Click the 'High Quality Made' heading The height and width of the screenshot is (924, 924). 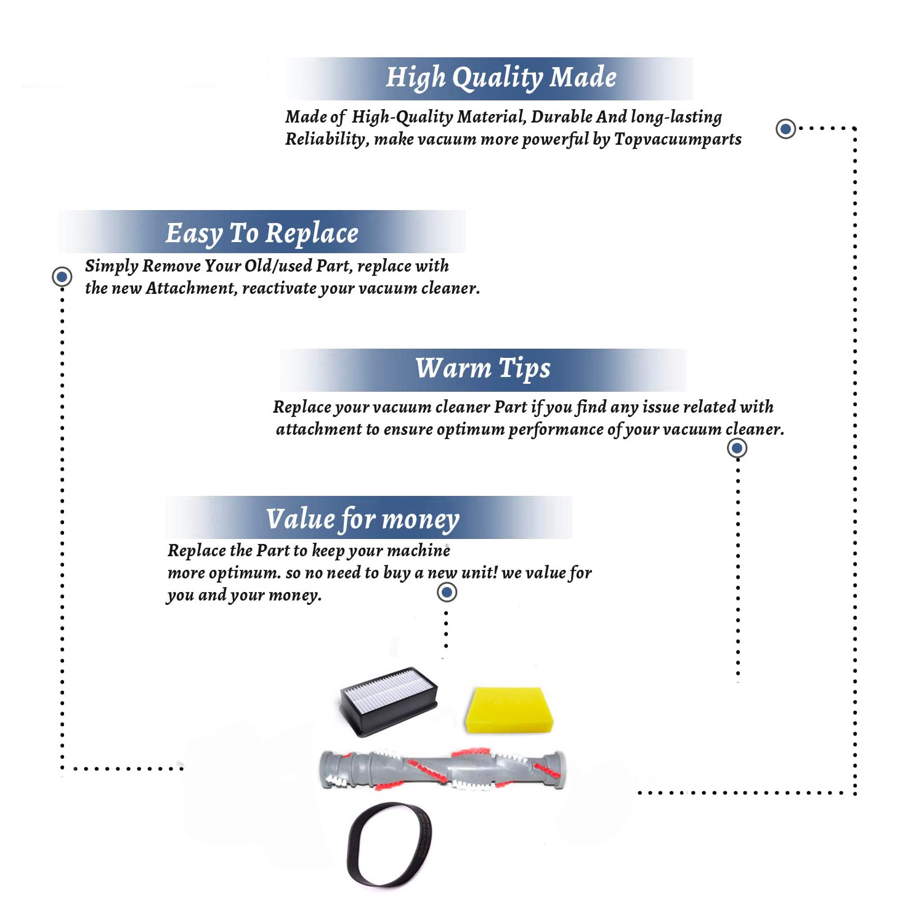tap(501, 78)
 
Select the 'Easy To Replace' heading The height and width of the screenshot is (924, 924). tap(262, 233)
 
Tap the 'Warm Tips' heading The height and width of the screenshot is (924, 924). tap(483, 368)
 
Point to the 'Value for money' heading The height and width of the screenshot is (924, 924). tap(363, 519)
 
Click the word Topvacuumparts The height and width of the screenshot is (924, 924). tap(678, 140)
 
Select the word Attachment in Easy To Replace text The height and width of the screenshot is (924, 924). tap(191, 288)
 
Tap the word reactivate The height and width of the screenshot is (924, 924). tap(279, 288)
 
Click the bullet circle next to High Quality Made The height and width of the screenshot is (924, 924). tap(785, 129)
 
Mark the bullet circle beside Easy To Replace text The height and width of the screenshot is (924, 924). tap(62, 277)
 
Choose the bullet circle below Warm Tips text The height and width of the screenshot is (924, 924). tap(737, 448)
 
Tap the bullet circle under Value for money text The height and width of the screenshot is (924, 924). tap(447, 593)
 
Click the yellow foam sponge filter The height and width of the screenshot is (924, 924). tap(509, 710)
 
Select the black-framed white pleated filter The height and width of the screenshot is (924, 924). tap(389, 701)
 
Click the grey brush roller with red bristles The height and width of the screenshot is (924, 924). tap(442, 769)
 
